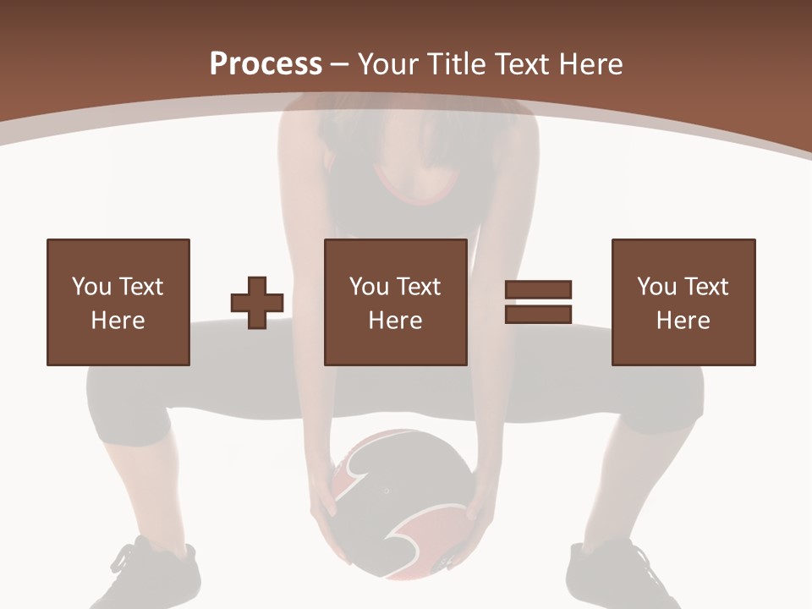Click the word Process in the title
(266, 63)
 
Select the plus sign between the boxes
(257, 302)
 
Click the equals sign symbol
(538, 302)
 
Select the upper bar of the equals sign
(538, 290)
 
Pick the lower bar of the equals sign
(538, 314)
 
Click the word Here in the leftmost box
(118, 321)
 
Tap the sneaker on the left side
(156, 575)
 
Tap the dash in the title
(340, 64)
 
